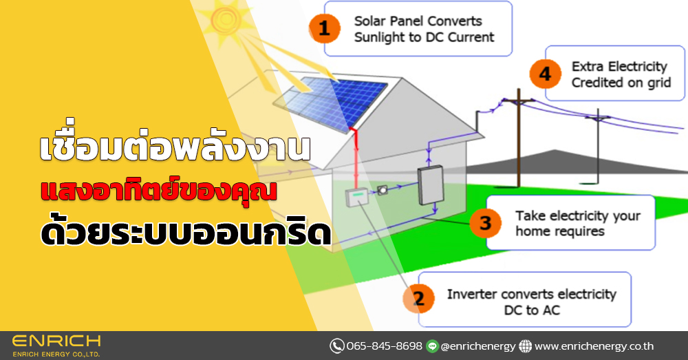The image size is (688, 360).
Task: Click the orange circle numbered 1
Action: (x=325, y=28)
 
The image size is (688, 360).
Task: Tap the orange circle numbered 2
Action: (x=419, y=298)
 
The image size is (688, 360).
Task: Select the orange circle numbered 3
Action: (x=485, y=222)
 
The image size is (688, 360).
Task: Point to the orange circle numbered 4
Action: (x=546, y=74)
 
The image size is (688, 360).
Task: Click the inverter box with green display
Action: (x=356, y=197)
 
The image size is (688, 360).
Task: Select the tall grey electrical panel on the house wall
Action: (x=431, y=185)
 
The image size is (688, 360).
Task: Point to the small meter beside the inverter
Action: (x=382, y=190)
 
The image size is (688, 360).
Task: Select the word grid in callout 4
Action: (x=660, y=83)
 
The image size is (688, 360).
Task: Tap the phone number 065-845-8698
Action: (x=385, y=346)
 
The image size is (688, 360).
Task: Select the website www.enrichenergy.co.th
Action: (x=594, y=346)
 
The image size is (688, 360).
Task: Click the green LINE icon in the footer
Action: (x=433, y=346)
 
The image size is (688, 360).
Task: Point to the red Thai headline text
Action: (x=159, y=191)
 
